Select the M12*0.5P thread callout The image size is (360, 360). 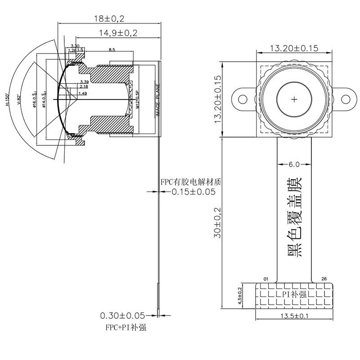click(138, 99)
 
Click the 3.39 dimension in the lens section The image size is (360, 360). click(83, 81)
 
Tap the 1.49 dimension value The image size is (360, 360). click(82, 93)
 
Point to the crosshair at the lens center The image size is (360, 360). click(294, 99)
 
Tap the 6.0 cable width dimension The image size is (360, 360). click(294, 164)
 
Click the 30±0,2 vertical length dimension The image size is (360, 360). click(218, 222)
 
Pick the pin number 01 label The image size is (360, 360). click(265, 279)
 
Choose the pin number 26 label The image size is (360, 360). click(324, 279)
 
